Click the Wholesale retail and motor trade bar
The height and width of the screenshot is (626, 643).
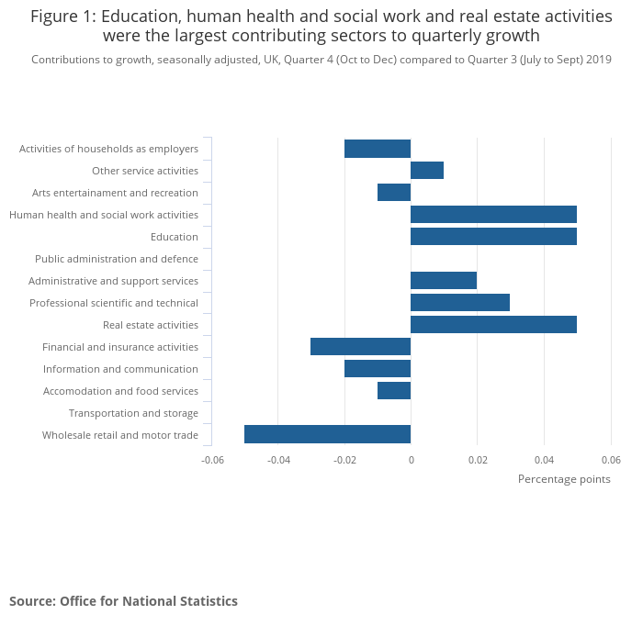tap(327, 435)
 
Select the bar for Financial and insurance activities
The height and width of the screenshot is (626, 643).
tap(360, 347)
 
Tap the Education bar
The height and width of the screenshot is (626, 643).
tap(493, 237)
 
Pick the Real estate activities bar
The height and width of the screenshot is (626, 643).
tap(493, 325)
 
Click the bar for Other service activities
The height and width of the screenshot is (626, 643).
tap(427, 171)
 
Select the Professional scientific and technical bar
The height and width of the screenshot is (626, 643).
tap(460, 303)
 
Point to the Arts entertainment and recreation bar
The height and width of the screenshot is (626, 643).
tap(394, 193)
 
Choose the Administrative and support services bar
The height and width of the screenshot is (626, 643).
tap(444, 281)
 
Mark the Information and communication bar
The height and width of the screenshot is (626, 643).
tap(378, 369)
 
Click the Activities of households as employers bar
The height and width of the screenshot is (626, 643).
tap(378, 149)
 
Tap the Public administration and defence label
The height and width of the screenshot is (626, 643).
tap(117, 259)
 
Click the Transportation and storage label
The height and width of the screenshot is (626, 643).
tap(133, 413)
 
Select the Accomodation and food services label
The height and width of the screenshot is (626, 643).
tap(120, 391)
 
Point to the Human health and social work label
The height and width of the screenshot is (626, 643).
tap(104, 215)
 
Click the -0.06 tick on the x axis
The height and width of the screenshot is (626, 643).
tap(212, 459)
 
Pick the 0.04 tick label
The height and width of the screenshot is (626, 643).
tap(544, 459)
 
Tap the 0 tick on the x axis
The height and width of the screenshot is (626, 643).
tap(411, 459)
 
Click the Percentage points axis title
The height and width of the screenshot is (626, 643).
tap(564, 478)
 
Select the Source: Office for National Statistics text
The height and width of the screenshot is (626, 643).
tap(123, 601)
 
